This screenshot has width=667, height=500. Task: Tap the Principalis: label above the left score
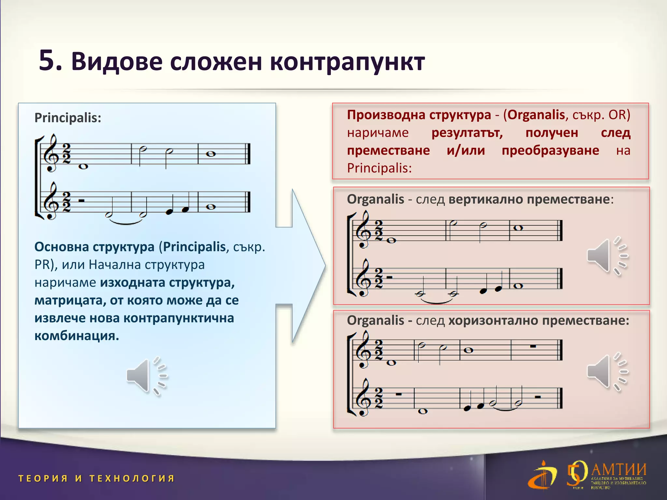[x=68, y=118]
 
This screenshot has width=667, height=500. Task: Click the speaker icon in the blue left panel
[x=146, y=376]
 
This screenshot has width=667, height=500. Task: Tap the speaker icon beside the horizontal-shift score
[x=606, y=372]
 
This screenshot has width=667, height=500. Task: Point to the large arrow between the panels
[x=303, y=265]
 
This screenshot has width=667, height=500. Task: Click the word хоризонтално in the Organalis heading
[x=493, y=321]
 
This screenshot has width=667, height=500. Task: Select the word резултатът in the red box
[x=467, y=133]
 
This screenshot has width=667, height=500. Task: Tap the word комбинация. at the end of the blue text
[x=77, y=336]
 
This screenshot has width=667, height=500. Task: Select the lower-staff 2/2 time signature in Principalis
[x=66, y=202]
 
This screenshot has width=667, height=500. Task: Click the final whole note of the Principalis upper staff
[x=211, y=154]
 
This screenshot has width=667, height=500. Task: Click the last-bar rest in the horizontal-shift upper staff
[x=533, y=346]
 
